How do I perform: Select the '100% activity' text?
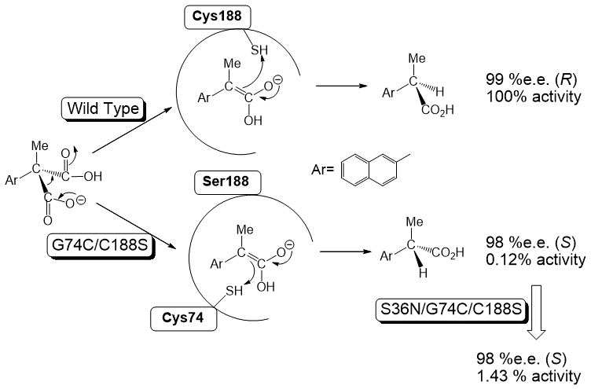pos(523,96)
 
